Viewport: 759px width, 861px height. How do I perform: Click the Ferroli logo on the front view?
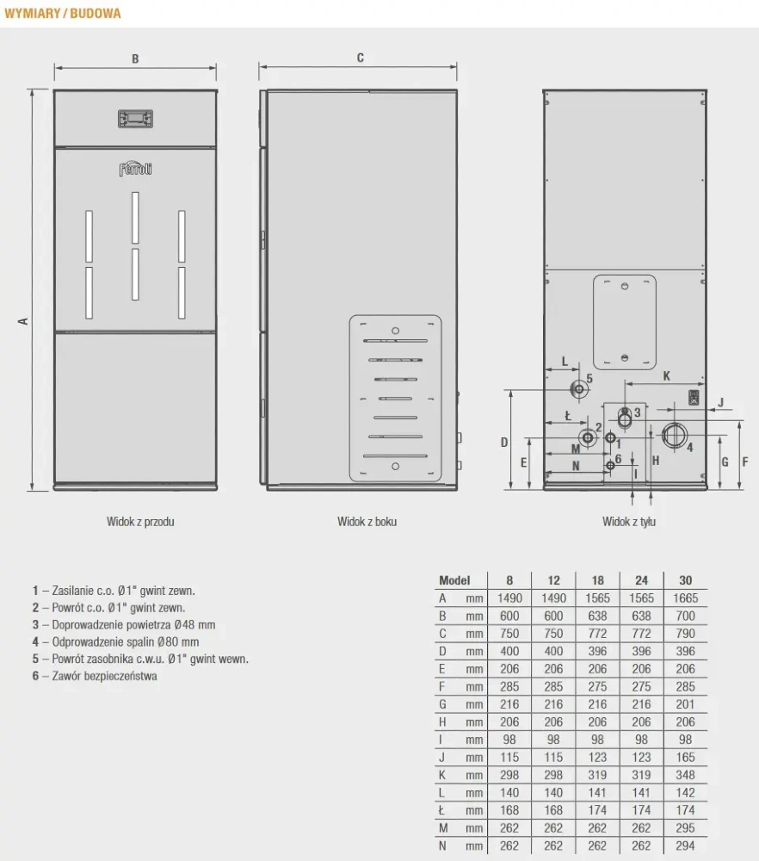click(135, 169)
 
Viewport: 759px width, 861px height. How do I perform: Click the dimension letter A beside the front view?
click(24, 320)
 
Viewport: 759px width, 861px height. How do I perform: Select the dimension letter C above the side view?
click(360, 58)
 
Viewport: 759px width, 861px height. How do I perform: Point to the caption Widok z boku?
click(367, 521)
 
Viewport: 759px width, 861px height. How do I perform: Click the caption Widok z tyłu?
click(628, 521)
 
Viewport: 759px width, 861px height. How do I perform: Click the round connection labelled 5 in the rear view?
click(579, 389)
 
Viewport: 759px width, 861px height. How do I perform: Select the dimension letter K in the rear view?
click(666, 375)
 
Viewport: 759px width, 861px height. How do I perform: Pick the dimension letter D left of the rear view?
click(505, 442)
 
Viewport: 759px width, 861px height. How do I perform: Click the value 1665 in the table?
click(686, 598)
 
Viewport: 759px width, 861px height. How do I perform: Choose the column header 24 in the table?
click(641, 580)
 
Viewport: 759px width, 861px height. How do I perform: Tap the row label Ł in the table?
click(442, 810)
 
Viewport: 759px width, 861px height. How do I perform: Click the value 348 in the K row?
click(686, 775)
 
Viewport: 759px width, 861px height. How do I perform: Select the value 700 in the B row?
click(686, 616)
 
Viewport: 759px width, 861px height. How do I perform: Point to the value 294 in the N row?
click(686, 846)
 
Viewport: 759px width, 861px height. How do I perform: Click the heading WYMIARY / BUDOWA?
click(63, 14)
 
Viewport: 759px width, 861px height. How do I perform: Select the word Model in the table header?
click(454, 580)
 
